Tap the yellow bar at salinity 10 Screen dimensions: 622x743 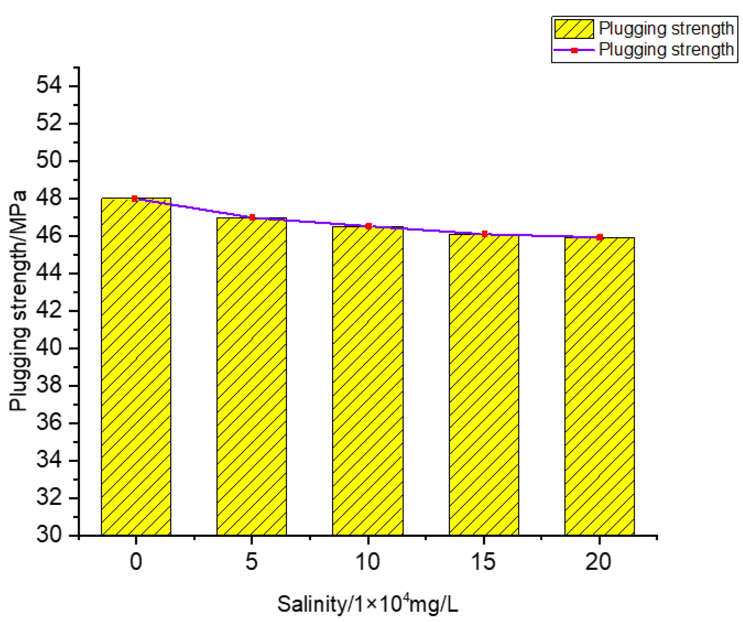(x=367, y=381)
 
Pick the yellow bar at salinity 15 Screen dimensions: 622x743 (x=484, y=385)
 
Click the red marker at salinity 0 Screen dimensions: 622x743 (x=134, y=199)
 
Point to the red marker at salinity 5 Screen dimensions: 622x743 (x=252, y=217)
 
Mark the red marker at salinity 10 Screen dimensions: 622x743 (x=368, y=226)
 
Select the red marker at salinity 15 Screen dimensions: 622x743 (x=484, y=234)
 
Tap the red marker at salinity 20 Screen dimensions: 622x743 (x=600, y=237)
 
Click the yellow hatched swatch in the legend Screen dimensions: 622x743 (x=574, y=29)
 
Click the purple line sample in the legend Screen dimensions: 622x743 (x=574, y=50)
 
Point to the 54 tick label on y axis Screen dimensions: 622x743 (x=49, y=85)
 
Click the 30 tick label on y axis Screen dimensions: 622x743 (x=49, y=535)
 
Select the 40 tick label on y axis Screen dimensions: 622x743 (x=49, y=348)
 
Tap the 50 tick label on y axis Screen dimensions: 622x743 (x=49, y=160)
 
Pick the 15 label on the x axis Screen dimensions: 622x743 (x=484, y=562)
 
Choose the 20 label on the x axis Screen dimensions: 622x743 (x=598, y=562)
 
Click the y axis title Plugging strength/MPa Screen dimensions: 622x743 (x=18, y=301)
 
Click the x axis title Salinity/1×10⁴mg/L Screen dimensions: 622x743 (x=367, y=604)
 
